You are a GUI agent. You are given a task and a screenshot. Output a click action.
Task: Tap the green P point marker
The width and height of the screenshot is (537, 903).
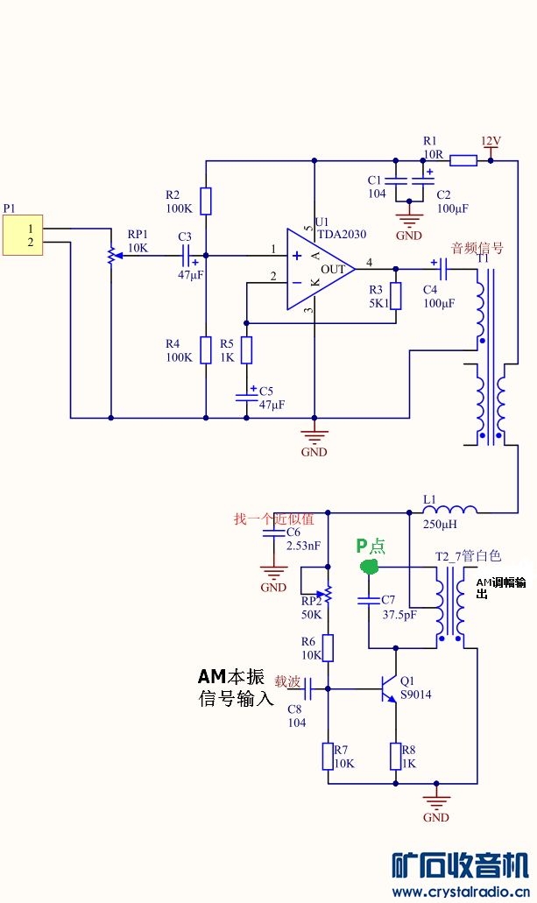coord(370,568)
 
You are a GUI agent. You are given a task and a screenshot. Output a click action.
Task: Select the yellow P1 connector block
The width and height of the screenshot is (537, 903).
coord(23,235)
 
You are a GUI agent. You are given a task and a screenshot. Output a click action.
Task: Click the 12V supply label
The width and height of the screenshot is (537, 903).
coord(491,141)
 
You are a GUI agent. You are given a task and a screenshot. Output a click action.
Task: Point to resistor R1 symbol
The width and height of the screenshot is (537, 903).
coord(463,160)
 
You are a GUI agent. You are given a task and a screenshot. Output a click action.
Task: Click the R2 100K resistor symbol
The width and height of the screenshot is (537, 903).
coord(205,201)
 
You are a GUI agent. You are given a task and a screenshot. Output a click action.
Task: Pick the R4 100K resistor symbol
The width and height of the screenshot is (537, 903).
coord(205,349)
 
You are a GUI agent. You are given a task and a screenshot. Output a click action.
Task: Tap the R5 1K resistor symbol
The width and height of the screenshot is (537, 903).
coord(247,349)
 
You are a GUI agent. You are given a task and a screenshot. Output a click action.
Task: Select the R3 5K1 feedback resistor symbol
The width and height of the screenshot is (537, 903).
coord(396,296)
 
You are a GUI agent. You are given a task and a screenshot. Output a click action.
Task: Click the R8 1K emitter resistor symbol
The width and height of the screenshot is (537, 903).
coord(396,756)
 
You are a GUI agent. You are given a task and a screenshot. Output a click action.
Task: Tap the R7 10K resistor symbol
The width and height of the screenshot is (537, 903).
coord(328,756)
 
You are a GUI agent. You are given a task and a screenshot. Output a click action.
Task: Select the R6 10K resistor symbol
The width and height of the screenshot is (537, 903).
coord(328,648)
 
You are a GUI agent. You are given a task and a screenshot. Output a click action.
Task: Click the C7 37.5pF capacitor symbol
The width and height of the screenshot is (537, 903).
coord(369,600)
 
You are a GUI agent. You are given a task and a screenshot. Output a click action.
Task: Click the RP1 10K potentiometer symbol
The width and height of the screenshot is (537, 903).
coord(111,255)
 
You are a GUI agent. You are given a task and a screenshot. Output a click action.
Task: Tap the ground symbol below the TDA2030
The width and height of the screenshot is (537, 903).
coord(314,435)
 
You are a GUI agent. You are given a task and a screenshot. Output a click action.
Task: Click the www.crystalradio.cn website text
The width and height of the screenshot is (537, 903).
coord(461,892)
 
